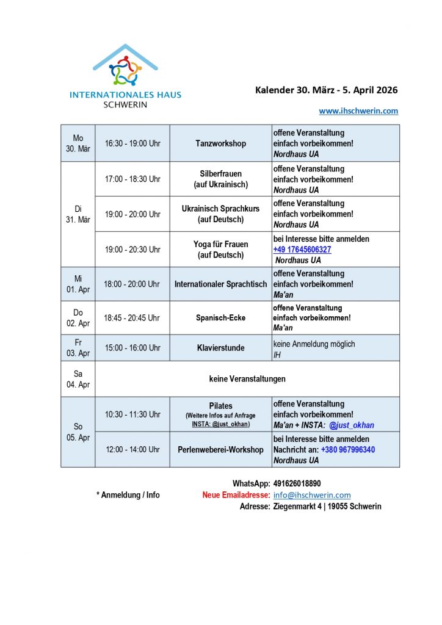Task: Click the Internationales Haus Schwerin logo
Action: pos(125,76)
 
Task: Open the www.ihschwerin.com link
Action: pos(358,110)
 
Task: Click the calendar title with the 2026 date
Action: pos(326,90)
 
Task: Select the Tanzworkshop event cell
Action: pos(220,143)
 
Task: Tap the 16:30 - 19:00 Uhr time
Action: pos(132,143)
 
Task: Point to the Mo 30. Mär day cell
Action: pos(78,143)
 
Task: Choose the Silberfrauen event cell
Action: pos(220,179)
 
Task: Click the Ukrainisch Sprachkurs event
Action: pos(220,214)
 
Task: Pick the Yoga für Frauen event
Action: pos(220,249)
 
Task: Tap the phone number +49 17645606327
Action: pos(302,250)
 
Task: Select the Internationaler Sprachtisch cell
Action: pos(220,284)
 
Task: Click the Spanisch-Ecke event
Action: pos(220,318)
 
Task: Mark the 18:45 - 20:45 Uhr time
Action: pos(132,318)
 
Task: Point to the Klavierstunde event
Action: pos(220,348)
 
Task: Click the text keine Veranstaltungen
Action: pos(247,379)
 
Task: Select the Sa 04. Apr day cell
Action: pos(78,379)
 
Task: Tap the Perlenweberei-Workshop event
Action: pos(220,450)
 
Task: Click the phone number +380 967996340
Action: pos(348,450)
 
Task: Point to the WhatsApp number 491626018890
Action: pos(298,483)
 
